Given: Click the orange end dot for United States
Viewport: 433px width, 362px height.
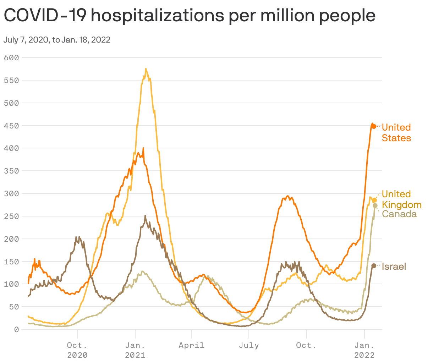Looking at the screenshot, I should point(373,126).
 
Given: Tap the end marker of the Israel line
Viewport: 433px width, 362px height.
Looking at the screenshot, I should point(374,265).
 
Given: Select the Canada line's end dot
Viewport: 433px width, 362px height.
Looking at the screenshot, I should point(375,205).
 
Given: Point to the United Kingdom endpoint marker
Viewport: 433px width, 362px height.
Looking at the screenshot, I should point(374,200).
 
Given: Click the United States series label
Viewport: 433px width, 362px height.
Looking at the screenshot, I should point(396,132).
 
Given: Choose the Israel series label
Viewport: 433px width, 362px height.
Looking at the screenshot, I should point(394,267).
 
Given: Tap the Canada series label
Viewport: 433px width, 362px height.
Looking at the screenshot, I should point(399,214).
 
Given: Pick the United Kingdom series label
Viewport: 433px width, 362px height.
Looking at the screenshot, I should point(401,199).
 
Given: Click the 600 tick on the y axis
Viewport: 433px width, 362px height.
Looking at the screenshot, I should point(11,57).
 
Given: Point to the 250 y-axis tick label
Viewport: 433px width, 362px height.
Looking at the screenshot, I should point(11,216).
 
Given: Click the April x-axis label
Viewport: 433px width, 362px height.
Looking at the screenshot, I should point(191,345).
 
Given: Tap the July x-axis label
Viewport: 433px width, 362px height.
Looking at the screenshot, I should point(249,345).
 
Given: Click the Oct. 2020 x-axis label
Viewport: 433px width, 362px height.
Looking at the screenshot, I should point(77,350).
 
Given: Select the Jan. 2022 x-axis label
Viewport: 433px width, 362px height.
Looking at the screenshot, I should point(364,350).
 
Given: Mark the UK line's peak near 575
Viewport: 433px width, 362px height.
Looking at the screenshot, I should point(146,69).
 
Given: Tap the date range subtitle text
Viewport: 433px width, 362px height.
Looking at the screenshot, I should point(57,40).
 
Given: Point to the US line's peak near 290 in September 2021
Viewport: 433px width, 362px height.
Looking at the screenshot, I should point(288,196).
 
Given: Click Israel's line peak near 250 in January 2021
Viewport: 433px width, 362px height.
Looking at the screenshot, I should point(145,216).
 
